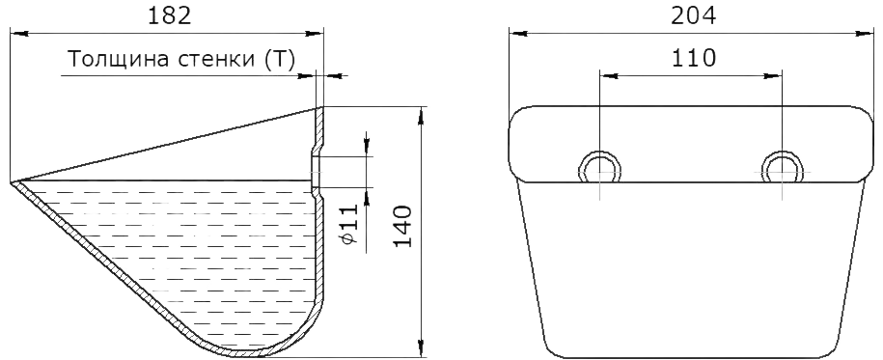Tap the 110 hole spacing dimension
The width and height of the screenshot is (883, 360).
(x=693, y=58)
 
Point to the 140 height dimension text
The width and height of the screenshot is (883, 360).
(x=403, y=227)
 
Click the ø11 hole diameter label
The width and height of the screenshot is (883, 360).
(x=349, y=224)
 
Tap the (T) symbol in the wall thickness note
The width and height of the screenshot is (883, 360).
(x=280, y=59)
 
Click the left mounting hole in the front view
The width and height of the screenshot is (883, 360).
(x=600, y=167)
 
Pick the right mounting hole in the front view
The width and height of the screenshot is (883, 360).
(x=783, y=167)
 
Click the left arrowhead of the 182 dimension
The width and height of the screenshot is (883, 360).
(x=18, y=34)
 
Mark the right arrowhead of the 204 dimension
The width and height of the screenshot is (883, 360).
(x=865, y=34)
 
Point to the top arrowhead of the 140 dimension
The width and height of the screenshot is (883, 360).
(x=421, y=116)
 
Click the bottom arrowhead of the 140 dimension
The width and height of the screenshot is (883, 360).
(x=421, y=348)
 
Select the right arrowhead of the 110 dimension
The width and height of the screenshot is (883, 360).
(x=773, y=75)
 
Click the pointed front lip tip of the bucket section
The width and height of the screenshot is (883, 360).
(x=12, y=182)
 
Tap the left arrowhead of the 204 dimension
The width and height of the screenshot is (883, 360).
(x=518, y=34)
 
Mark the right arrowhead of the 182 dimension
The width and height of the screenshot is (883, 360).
(x=315, y=34)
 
